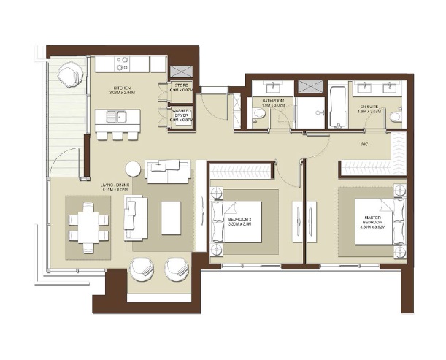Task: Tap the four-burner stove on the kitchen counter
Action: click(x=123, y=64)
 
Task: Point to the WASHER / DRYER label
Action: click(x=181, y=113)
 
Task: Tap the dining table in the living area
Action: click(x=88, y=226)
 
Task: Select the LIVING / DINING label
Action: click(x=115, y=185)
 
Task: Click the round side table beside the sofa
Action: click(x=132, y=169)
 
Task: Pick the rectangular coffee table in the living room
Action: click(x=172, y=218)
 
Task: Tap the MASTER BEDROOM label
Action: click(x=372, y=221)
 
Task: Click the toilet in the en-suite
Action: click(x=395, y=116)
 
